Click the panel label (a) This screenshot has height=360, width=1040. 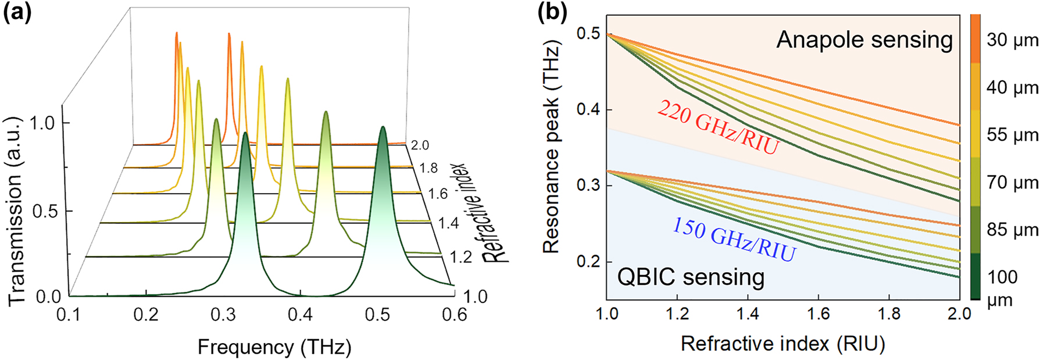[x=17, y=12]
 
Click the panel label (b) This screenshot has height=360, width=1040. [x=552, y=12]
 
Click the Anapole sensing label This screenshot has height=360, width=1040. [x=864, y=40]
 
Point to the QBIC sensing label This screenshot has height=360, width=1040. [x=691, y=277]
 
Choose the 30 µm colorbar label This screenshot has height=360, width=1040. [x=1012, y=40]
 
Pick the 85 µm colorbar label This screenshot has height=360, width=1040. [x=1012, y=230]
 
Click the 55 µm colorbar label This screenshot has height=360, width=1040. [x=1012, y=135]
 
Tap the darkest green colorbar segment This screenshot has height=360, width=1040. [x=975, y=276]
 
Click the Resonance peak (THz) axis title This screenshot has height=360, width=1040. [x=551, y=147]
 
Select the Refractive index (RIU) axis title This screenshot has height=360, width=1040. [x=782, y=344]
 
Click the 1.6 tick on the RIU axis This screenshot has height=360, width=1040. [x=818, y=314]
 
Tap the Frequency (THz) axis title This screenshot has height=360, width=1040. [x=274, y=347]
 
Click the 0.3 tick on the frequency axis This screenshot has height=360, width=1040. [x=223, y=315]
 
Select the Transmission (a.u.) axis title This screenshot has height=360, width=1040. [x=17, y=211]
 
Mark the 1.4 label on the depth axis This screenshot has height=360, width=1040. [x=448, y=223]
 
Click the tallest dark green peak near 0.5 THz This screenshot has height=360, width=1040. [x=383, y=131]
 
